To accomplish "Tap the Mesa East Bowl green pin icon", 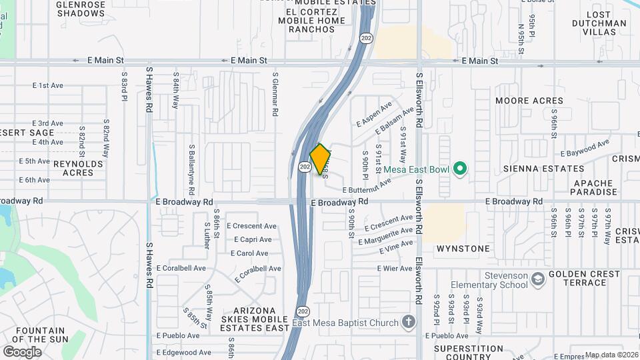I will pos(459,168).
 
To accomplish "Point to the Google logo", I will pos(22,352).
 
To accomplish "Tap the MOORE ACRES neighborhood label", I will pos(530,101).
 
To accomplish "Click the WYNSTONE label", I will pos(463,249).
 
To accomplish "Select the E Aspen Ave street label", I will pos(374,114).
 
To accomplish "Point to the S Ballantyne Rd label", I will pos(191,165).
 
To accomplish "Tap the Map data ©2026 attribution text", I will pos(611,355).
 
